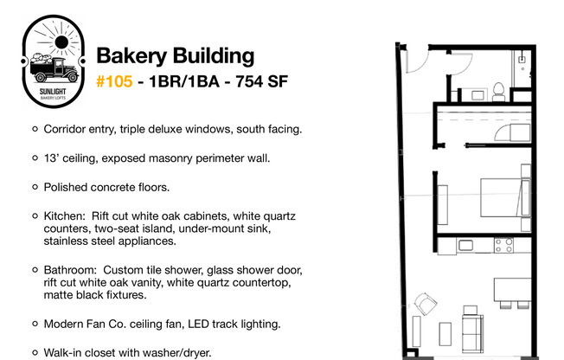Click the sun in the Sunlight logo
[x=61, y=42]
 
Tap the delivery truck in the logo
[x=54, y=67]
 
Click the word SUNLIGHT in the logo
[x=53, y=92]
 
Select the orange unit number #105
[x=114, y=81]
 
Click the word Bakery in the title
[x=131, y=56]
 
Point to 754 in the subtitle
[x=248, y=81]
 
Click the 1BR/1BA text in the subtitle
[x=183, y=81]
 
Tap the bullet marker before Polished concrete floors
[x=35, y=187]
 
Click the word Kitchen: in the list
[x=65, y=216]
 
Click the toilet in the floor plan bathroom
[x=498, y=92]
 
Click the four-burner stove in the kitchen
[x=503, y=246]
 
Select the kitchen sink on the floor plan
[x=465, y=246]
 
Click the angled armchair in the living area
[x=426, y=304]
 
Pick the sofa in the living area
[x=472, y=332]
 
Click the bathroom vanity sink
[x=478, y=95]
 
